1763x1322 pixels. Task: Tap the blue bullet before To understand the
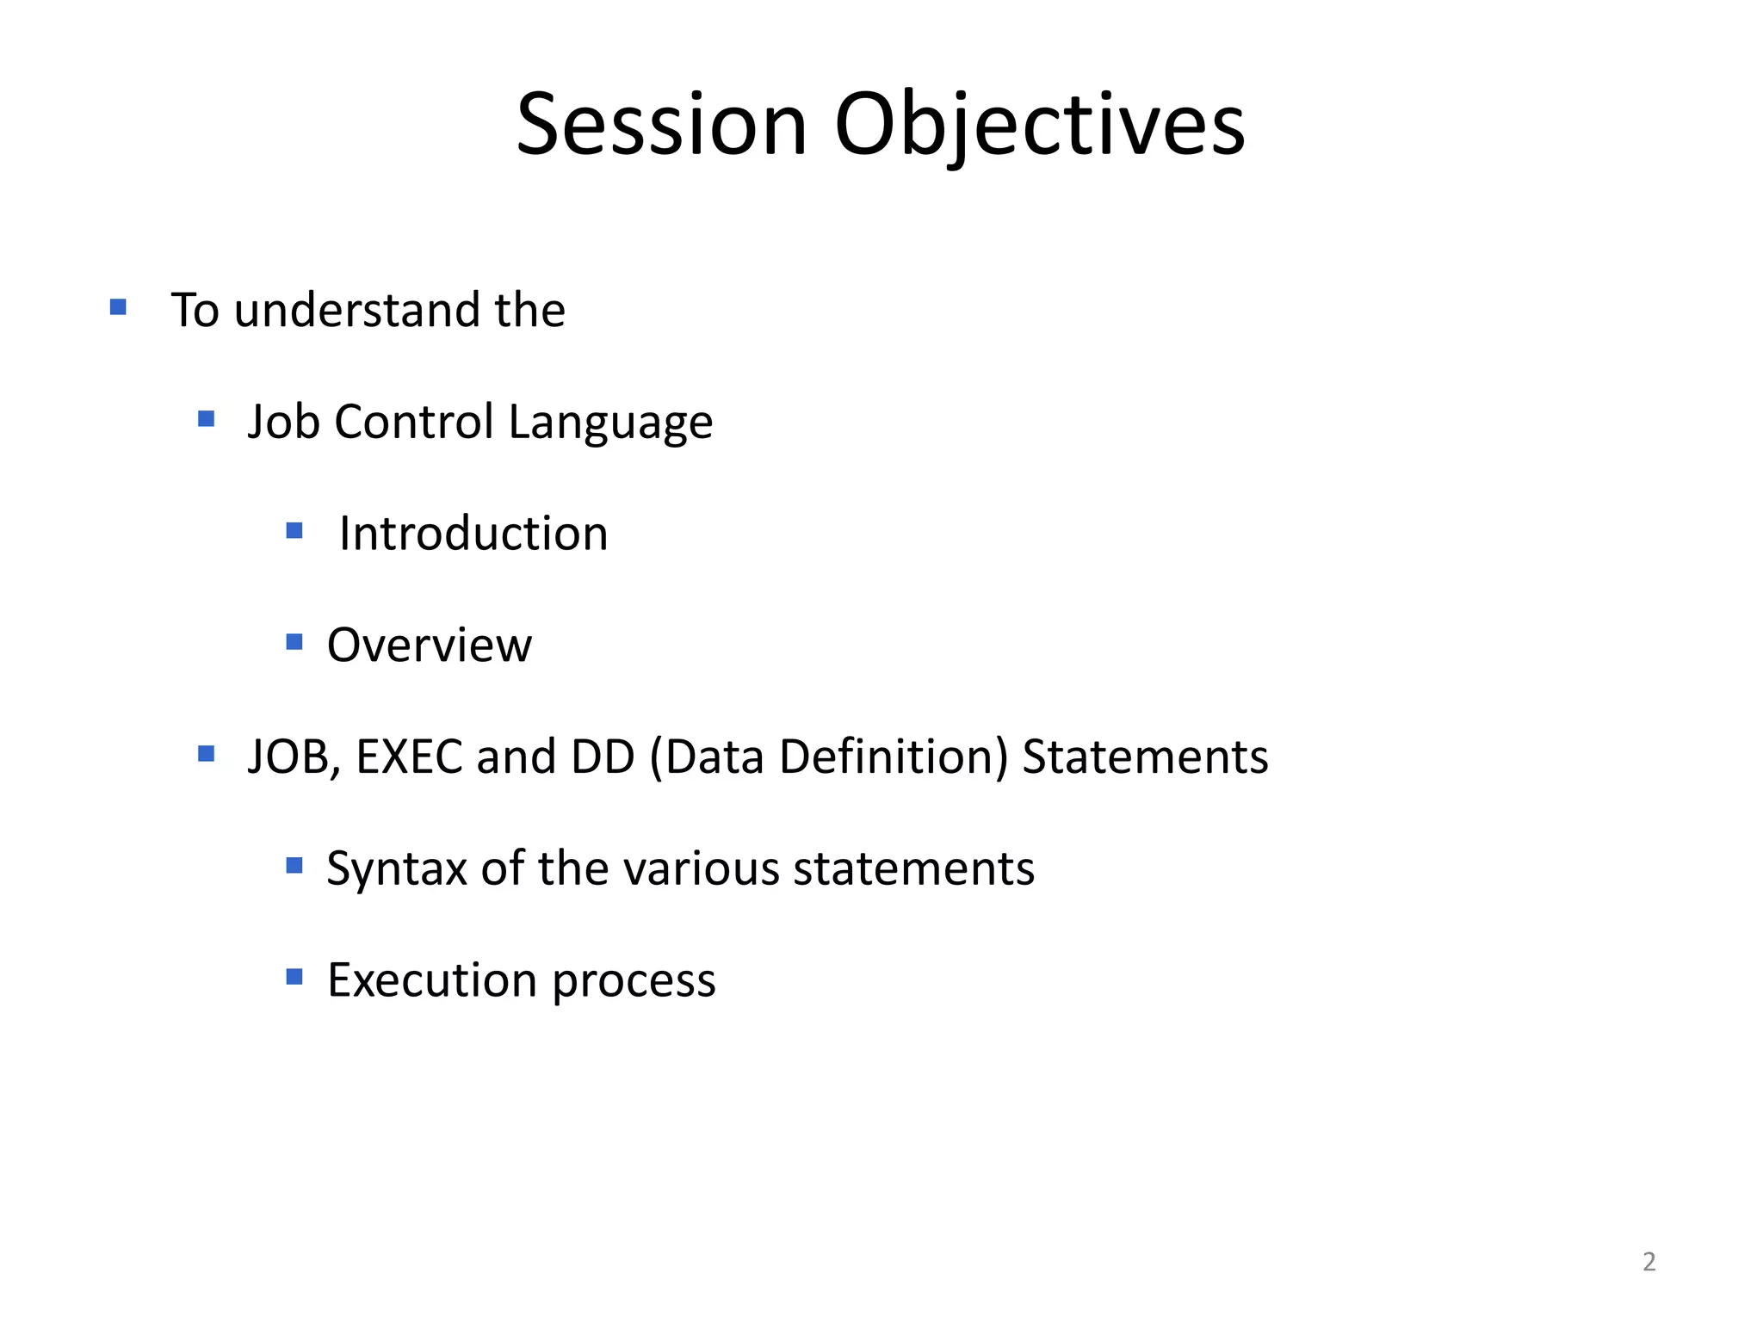tap(119, 307)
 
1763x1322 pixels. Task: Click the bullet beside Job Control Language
tap(206, 419)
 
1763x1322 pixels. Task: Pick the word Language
tap(610, 423)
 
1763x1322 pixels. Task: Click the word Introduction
tap(473, 534)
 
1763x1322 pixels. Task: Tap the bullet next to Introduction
tap(294, 530)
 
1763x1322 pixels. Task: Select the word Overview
tap(430, 646)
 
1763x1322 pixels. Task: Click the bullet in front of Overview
tap(294, 642)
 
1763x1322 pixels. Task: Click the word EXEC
tap(409, 757)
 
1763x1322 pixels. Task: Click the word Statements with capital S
tap(1145, 757)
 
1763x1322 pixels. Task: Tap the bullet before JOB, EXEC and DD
tap(206, 755)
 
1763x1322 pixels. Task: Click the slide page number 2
tap(1649, 1262)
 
